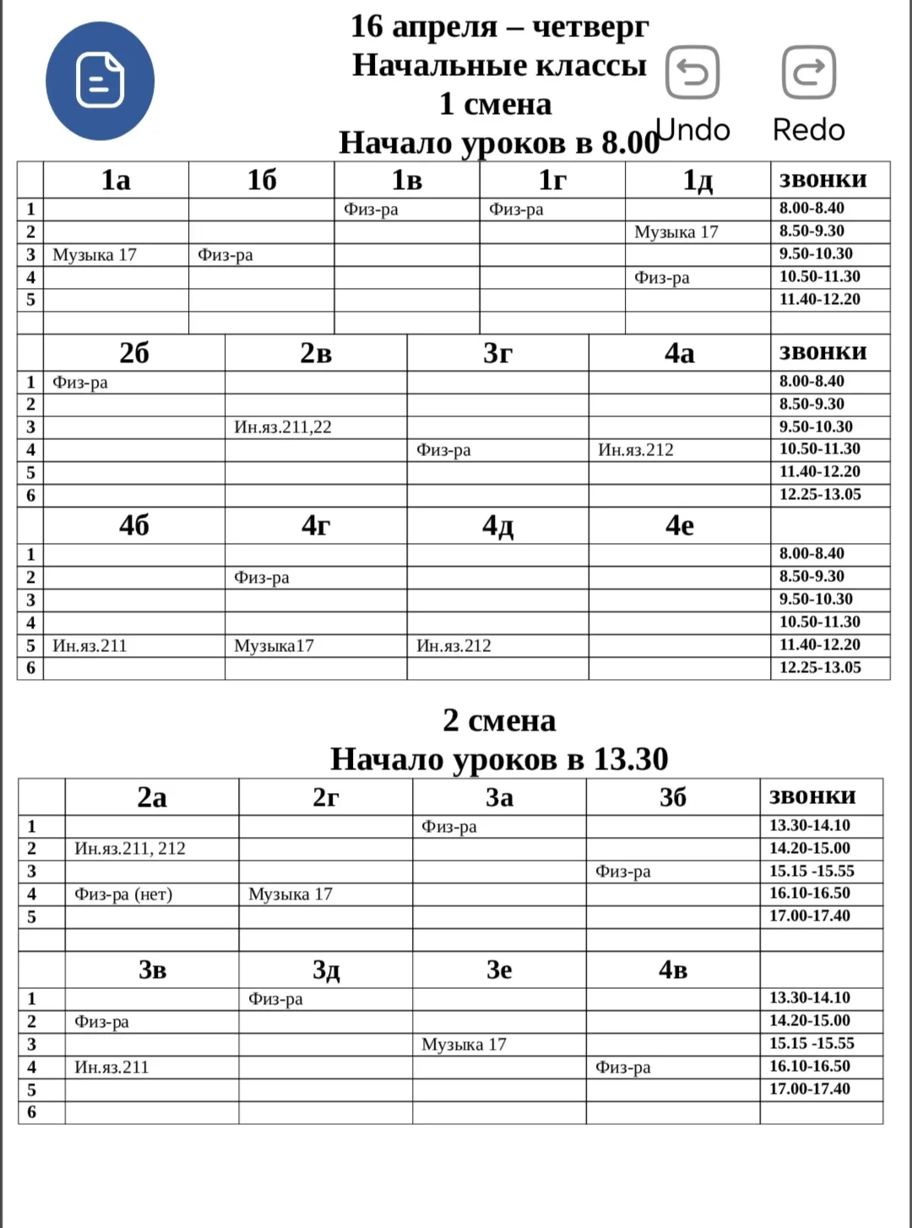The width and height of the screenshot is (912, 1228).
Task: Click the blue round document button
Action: (x=100, y=81)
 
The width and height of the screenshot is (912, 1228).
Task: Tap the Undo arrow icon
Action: (x=692, y=73)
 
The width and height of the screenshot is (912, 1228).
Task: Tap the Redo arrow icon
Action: (x=809, y=73)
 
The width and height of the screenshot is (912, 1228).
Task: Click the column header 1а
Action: (x=116, y=180)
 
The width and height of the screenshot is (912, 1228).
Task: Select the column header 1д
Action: (x=698, y=180)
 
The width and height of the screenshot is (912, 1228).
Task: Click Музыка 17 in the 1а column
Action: (x=95, y=254)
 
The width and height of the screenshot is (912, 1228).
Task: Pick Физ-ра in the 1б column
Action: (x=225, y=254)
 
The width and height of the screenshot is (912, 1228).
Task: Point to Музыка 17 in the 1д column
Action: (x=676, y=231)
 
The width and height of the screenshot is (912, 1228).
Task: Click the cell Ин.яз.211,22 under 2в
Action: (x=283, y=427)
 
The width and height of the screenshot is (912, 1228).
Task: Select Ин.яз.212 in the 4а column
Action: (x=636, y=450)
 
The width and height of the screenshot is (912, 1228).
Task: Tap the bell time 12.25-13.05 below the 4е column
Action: (x=820, y=667)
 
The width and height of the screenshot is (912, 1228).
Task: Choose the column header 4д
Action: (x=497, y=525)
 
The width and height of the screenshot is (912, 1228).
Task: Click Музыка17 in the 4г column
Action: (x=274, y=646)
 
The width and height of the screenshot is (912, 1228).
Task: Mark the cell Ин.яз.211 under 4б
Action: (x=90, y=646)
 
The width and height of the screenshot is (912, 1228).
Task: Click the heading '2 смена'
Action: (x=499, y=720)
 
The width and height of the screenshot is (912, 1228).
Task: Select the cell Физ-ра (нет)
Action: (x=123, y=894)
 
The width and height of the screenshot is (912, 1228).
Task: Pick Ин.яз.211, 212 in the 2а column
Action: (x=130, y=848)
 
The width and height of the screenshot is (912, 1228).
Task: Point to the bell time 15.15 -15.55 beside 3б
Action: (x=812, y=871)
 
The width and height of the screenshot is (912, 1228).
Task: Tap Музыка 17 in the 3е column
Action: (x=464, y=1044)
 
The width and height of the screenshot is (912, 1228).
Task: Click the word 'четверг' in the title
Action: (x=590, y=27)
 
